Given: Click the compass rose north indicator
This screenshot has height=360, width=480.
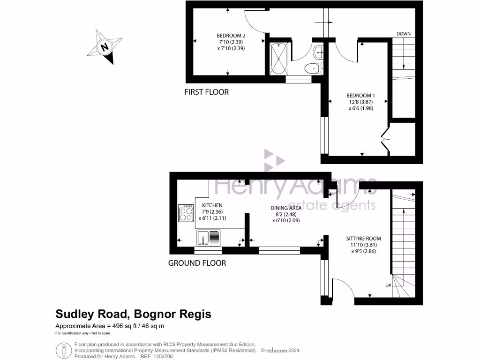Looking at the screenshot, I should [x=105, y=47].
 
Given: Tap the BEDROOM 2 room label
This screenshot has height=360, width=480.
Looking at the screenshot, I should [x=231, y=36].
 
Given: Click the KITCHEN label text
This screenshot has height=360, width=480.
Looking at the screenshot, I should [x=212, y=205].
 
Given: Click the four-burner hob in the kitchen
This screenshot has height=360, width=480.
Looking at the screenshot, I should [x=186, y=214].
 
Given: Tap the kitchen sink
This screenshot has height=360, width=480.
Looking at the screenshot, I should [x=209, y=238].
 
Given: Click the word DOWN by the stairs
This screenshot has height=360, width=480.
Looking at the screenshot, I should [x=404, y=34].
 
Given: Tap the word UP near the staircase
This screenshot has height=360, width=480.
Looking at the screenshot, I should [x=388, y=285].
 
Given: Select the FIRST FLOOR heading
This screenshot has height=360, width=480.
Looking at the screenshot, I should [x=206, y=92].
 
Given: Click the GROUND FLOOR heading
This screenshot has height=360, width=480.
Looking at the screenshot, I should [x=197, y=263].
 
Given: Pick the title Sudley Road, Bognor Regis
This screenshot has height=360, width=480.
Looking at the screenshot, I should [x=133, y=314].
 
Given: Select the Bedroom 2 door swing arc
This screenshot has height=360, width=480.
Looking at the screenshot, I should [x=255, y=23].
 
